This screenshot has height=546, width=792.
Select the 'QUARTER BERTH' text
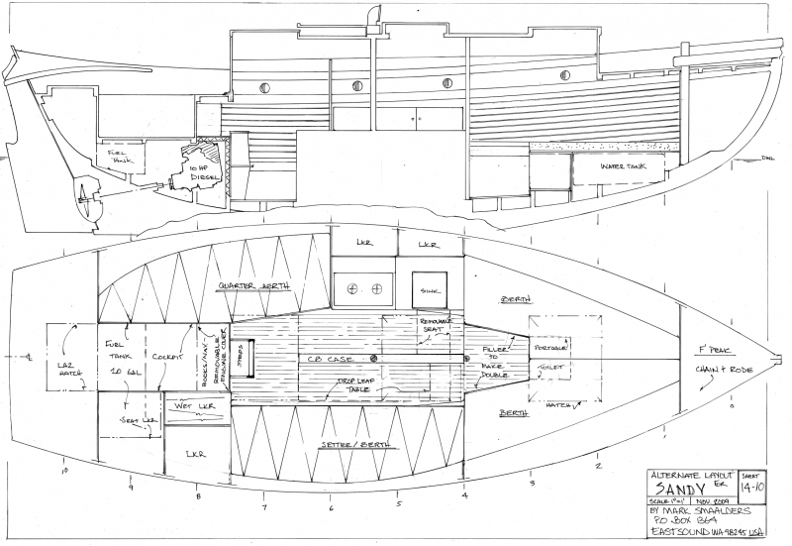[x=255, y=286]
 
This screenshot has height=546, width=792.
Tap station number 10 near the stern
[x=64, y=472]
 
